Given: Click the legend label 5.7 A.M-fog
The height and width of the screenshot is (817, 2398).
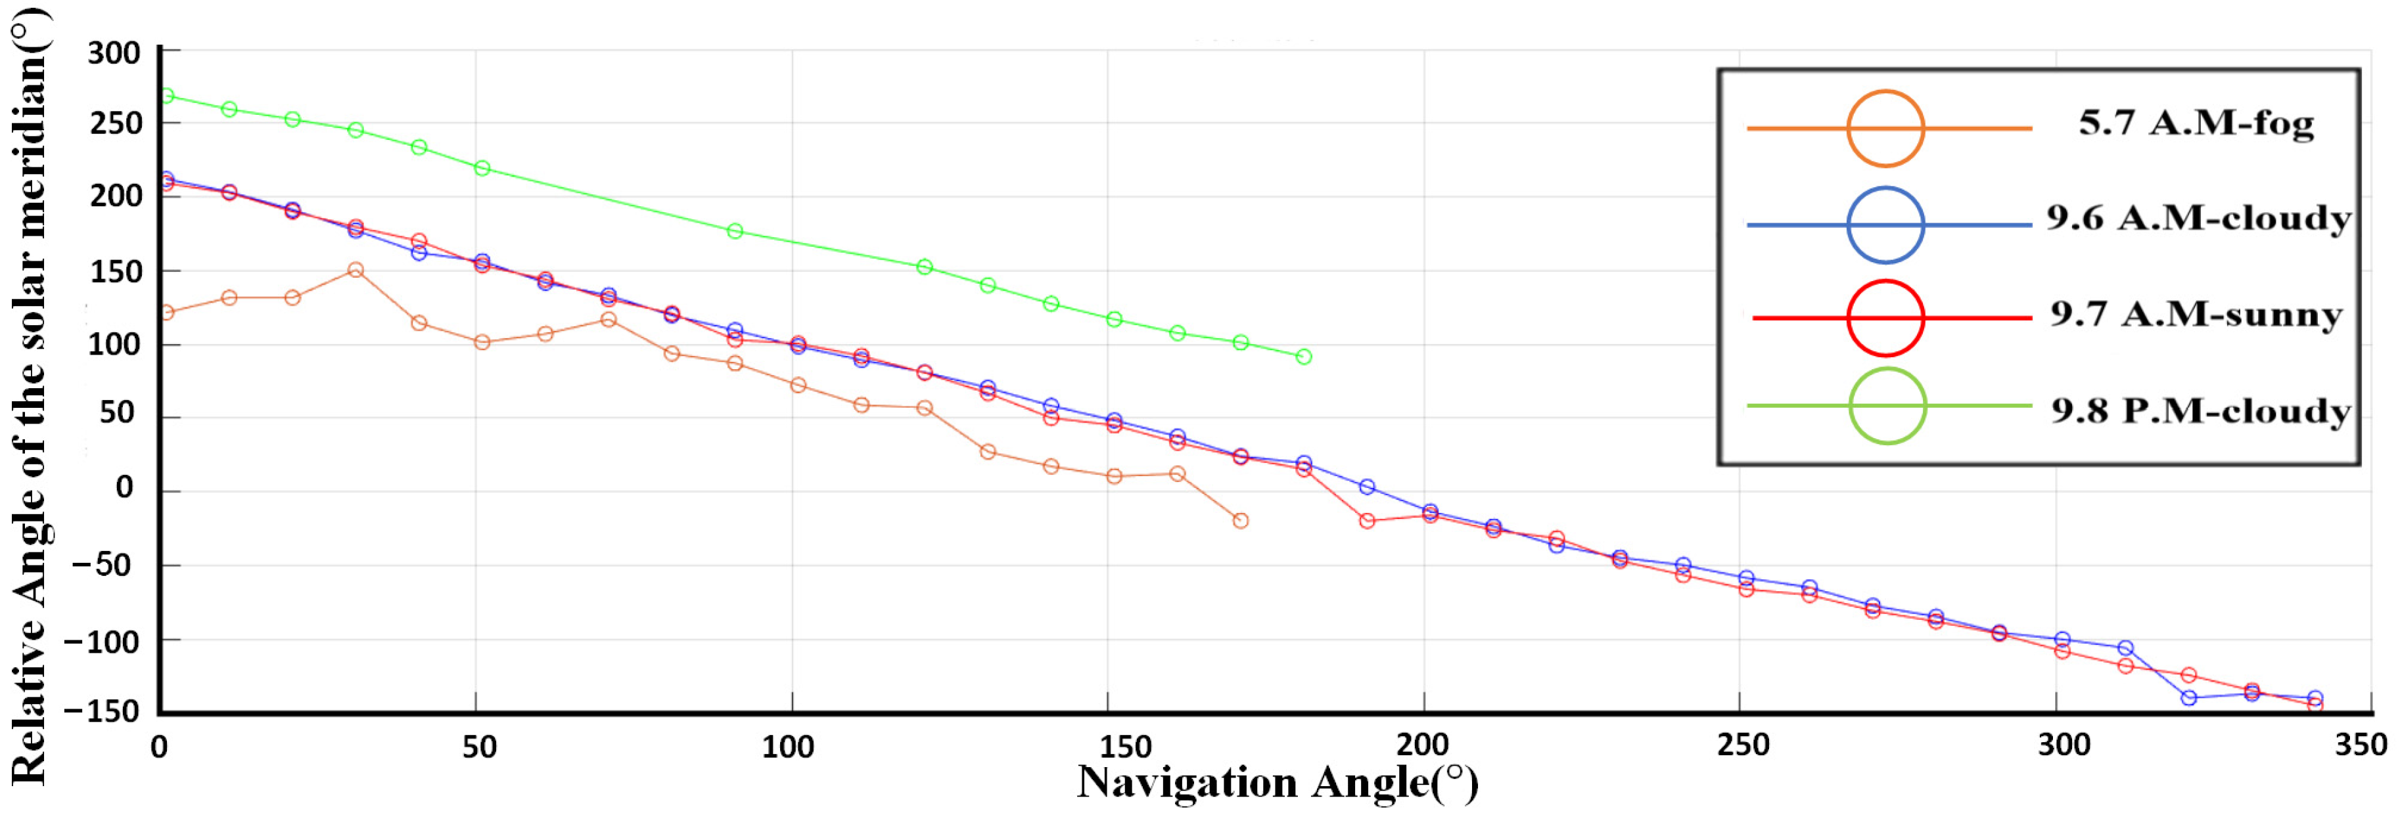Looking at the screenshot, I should click(x=2195, y=123).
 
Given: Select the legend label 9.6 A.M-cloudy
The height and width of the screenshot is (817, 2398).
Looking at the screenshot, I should click(x=2198, y=219).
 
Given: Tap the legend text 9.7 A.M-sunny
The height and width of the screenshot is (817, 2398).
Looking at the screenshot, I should click(x=2195, y=315).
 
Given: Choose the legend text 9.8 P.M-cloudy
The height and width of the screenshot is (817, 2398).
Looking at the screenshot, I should click(x=2201, y=411).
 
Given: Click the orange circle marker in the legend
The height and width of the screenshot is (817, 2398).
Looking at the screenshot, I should click(x=1885, y=129).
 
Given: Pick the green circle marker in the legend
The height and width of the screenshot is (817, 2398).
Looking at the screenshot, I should click(x=1886, y=406).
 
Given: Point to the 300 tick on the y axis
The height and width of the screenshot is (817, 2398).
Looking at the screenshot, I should click(x=114, y=53).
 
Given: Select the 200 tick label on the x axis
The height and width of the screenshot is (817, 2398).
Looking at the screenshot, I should click(x=1422, y=745).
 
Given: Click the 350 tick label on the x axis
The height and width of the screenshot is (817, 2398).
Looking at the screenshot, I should click(x=2361, y=745).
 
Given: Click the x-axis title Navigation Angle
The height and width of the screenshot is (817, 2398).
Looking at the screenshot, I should click(x=1276, y=783).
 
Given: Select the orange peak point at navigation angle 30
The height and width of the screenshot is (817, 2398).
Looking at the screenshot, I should click(x=355, y=270).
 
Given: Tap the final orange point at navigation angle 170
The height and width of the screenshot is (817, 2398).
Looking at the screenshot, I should click(x=1240, y=521).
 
